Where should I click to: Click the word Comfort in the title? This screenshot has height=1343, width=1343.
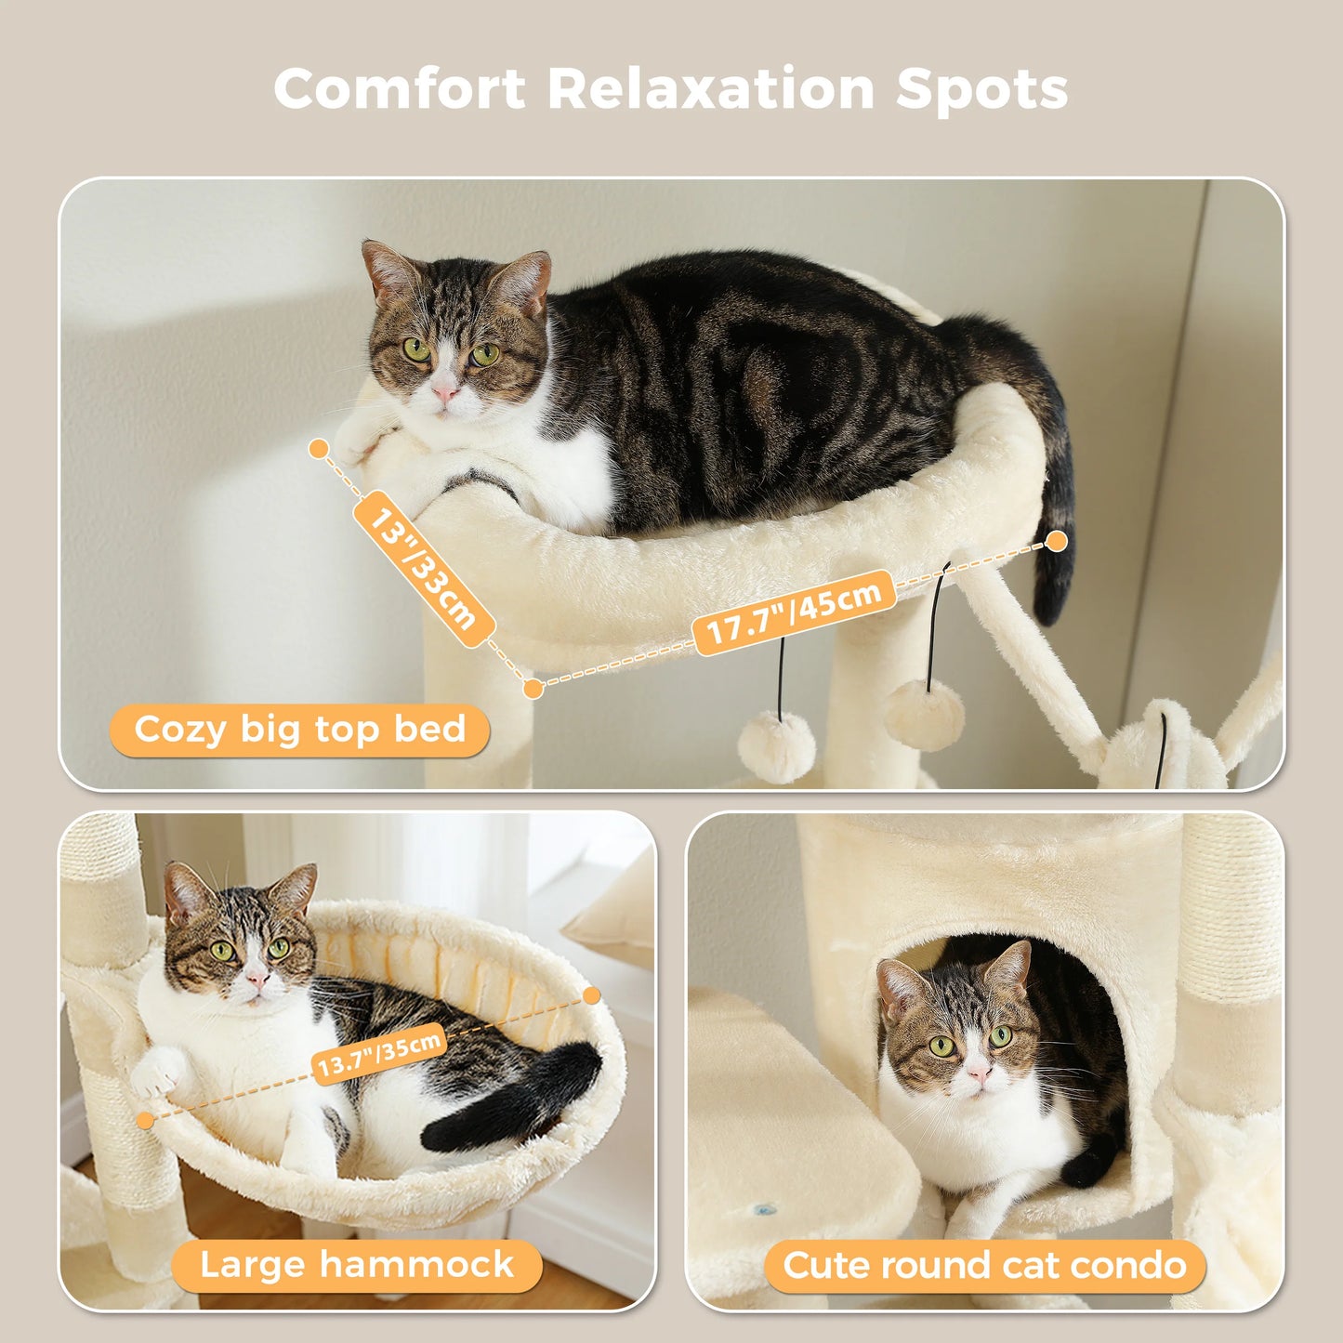(400, 89)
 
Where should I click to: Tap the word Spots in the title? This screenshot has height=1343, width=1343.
(981, 89)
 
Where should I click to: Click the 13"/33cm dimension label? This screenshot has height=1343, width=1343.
(423, 569)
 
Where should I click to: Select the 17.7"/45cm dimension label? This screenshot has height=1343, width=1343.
(794, 612)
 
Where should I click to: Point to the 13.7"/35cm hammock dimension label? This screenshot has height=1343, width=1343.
(378, 1058)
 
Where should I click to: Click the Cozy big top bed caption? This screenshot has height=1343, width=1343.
(299, 730)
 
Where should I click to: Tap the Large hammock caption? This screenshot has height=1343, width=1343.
(357, 1265)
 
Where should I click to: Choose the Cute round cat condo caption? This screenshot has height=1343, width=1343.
(984, 1265)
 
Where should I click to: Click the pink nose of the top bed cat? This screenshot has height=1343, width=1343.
(445, 394)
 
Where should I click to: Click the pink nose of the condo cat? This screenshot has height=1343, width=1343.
(978, 1074)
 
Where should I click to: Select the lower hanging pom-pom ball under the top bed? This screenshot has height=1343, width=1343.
(776, 746)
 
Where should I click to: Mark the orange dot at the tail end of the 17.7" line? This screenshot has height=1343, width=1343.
(1056, 541)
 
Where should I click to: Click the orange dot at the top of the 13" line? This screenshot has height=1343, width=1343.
(319, 449)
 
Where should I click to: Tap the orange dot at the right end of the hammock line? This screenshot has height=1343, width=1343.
(591, 995)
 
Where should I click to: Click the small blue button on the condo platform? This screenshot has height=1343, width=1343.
(765, 1209)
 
